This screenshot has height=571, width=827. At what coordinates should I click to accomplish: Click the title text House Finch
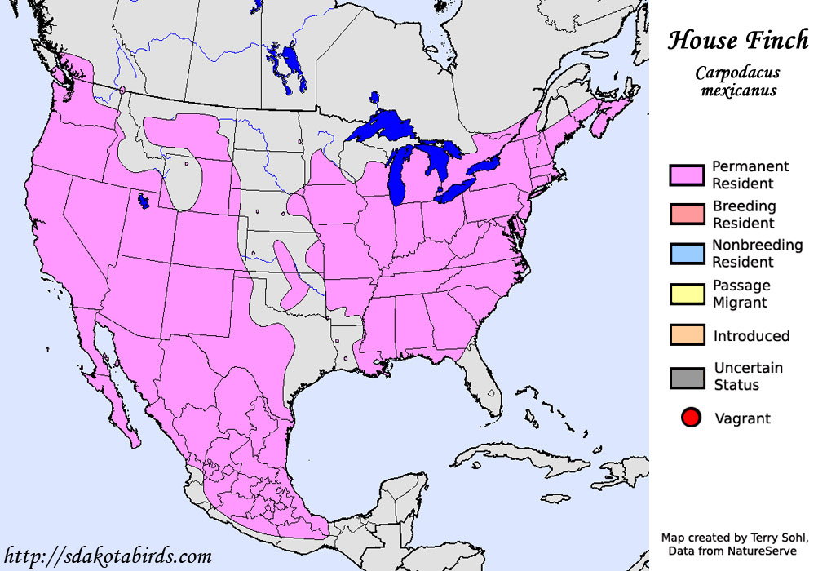[738, 40]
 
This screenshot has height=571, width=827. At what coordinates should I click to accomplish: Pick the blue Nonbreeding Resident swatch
[687, 254]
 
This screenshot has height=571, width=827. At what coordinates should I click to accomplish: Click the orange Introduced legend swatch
[687, 335]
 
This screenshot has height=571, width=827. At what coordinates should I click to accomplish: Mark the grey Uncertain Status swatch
[687, 377]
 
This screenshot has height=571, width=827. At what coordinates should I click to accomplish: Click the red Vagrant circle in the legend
[691, 419]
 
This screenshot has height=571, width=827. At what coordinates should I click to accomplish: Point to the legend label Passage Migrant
[741, 294]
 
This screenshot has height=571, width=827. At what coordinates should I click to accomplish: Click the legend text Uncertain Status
[748, 376]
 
